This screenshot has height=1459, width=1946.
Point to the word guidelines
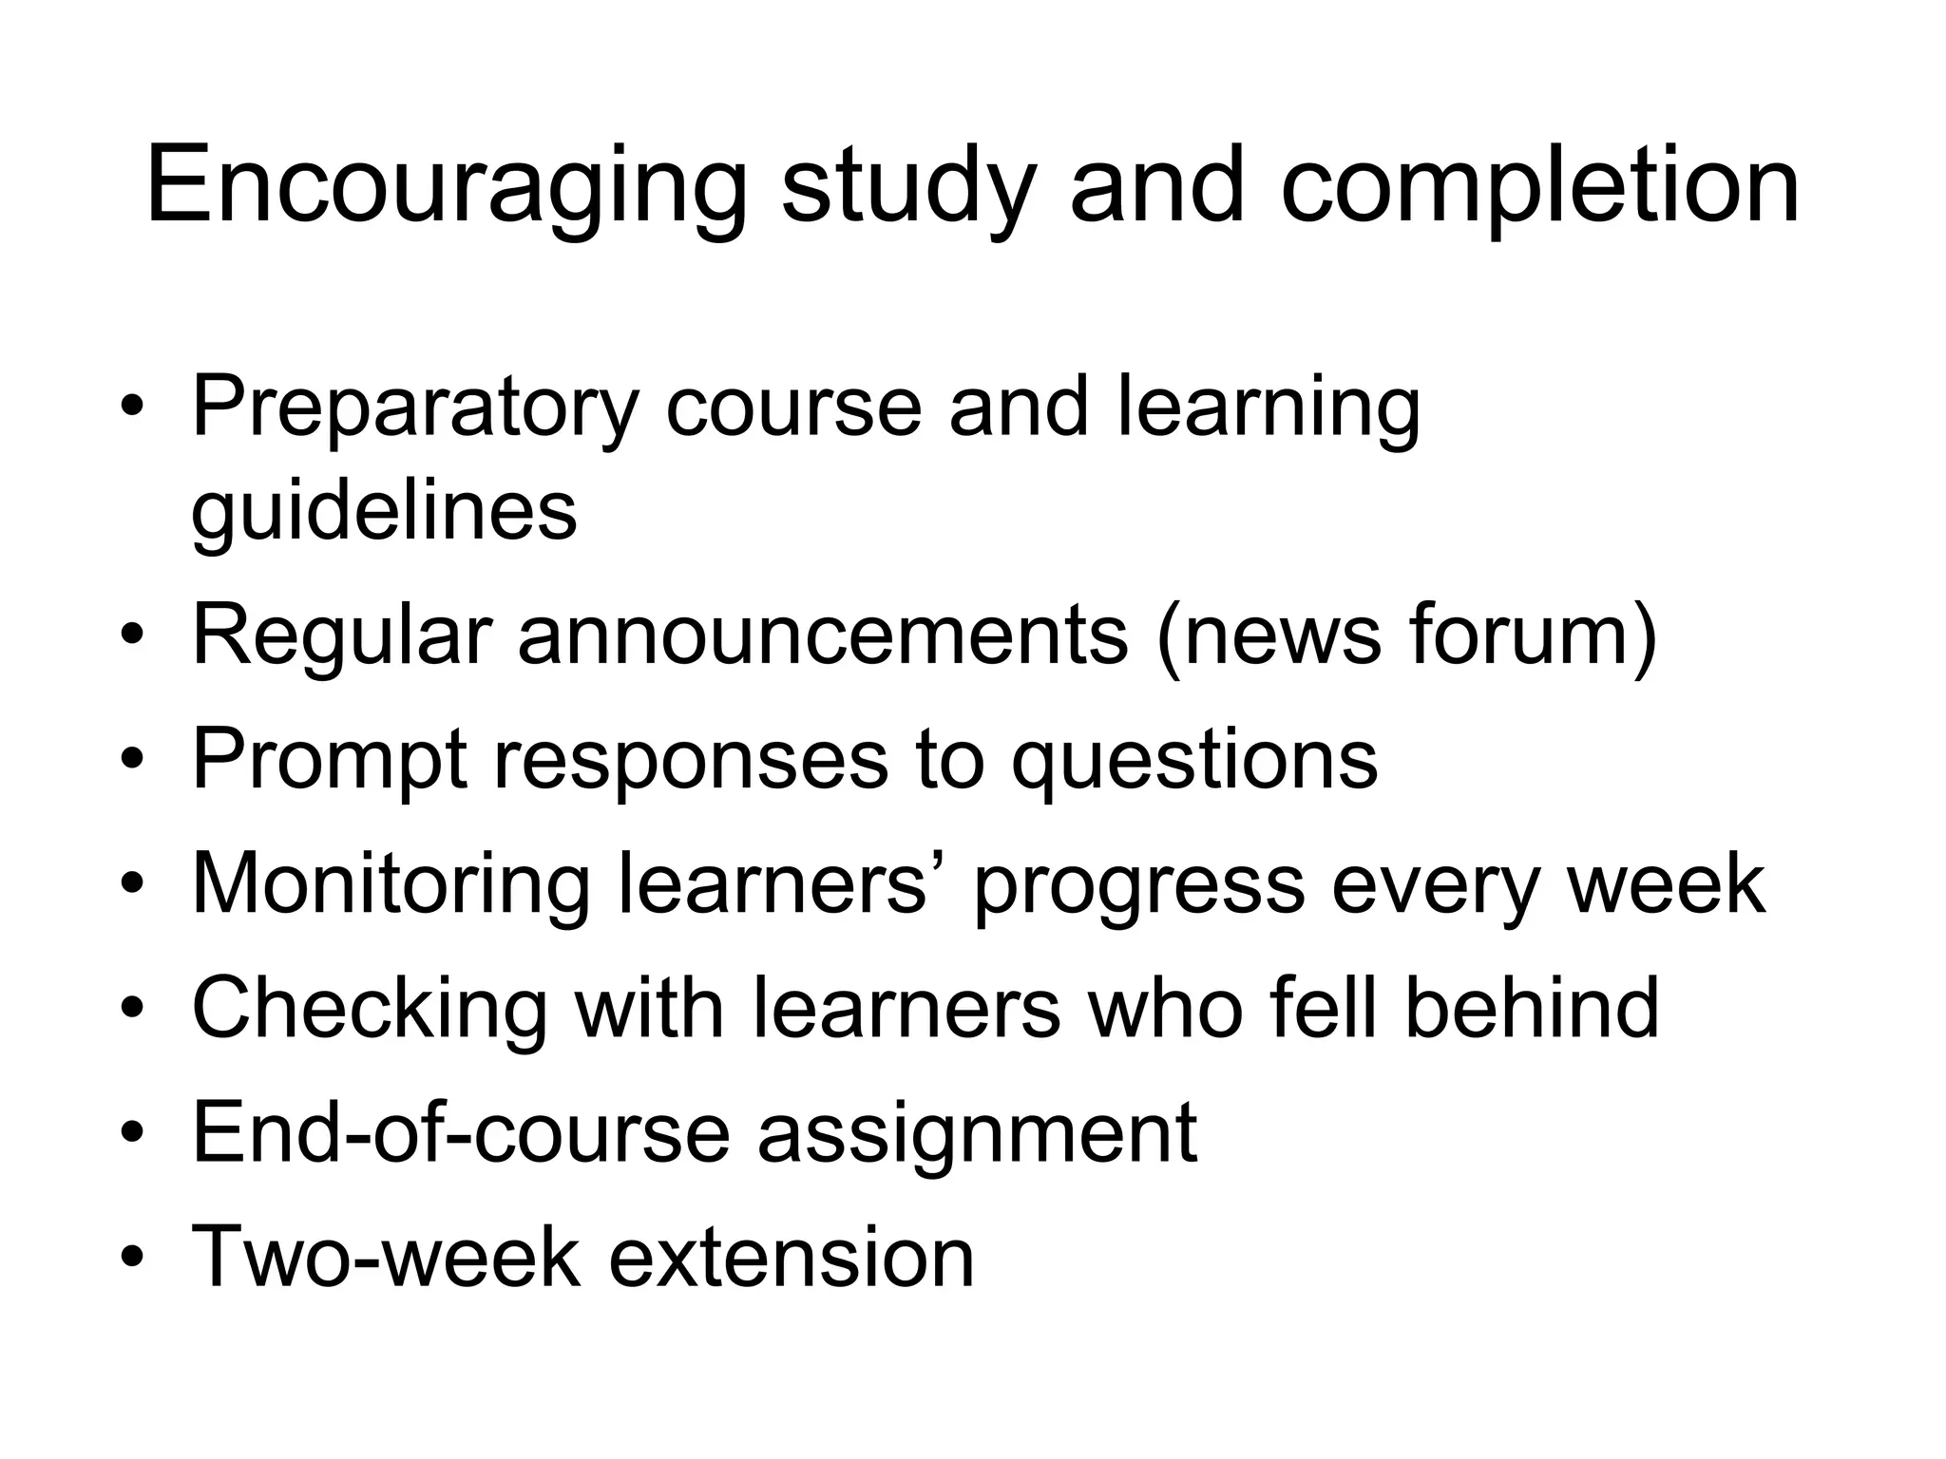384,513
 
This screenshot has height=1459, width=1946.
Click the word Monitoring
391,885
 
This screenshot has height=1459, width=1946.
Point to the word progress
1139,885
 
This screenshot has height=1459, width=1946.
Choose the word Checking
370,1009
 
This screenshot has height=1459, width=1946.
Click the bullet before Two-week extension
133,1258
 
